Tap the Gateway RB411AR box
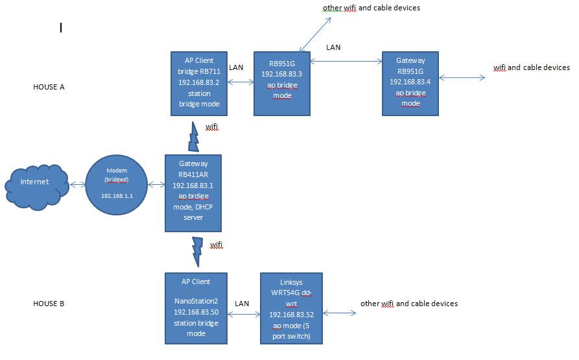click(x=193, y=193)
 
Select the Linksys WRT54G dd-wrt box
click(x=291, y=307)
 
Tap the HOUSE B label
click(x=49, y=304)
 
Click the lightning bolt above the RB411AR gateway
click(x=194, y=136)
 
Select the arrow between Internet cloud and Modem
click(x=77, y=185)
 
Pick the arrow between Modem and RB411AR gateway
click(x=156, y=185)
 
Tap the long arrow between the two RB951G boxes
click(x=346, y=62)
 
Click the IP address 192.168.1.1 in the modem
click(x=117, y=194)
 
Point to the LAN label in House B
click(x=241, y=304)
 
